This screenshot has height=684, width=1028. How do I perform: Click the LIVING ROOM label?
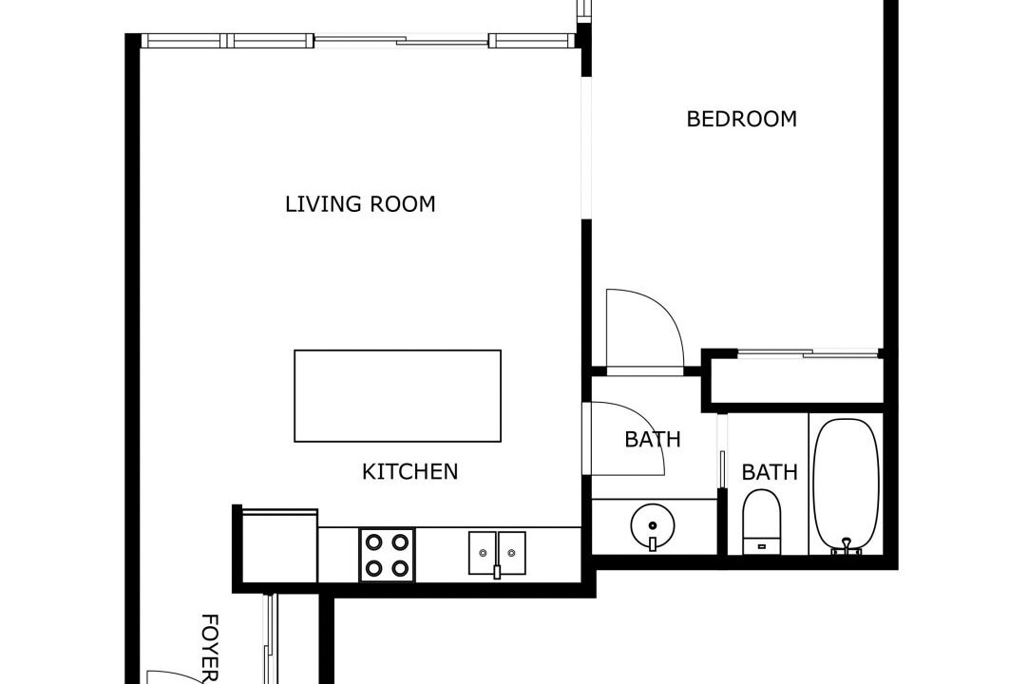click(360, 204)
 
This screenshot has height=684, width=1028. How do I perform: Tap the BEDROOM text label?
click(741, 119)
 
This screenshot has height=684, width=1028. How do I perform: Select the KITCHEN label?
click(409, 471)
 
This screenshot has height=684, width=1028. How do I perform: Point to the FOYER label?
click(208, 648)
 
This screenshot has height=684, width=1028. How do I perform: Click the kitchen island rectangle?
click(397, 395)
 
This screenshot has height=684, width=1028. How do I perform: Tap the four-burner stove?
click(387, 555)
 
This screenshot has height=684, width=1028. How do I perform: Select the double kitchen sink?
click(497, 554)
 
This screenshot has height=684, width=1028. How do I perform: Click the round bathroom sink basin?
click(653, 526)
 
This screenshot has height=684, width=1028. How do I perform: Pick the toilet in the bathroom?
click(762, 522)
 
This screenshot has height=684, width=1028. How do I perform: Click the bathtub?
click(846, 484)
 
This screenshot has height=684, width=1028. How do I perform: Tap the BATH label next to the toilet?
click(769, 472)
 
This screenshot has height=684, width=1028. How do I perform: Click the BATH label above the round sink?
click(653, 440)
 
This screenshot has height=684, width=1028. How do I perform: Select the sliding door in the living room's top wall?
click(401, 41)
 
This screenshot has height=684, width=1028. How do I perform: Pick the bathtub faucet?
click(847, 546)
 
